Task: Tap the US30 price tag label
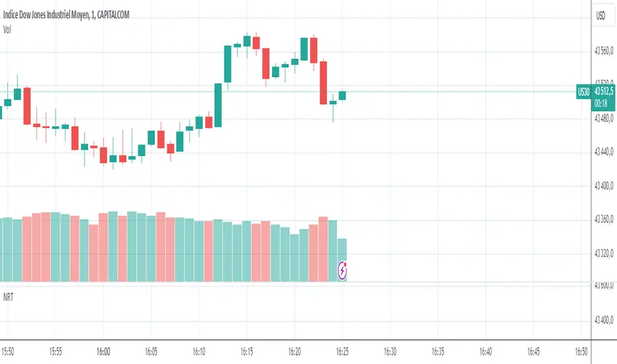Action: (x=583, y=93)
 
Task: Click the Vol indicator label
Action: (x=8, y=28)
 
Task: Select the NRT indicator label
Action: (x=9, y=298)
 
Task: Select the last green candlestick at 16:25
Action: (x=342, y=95)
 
